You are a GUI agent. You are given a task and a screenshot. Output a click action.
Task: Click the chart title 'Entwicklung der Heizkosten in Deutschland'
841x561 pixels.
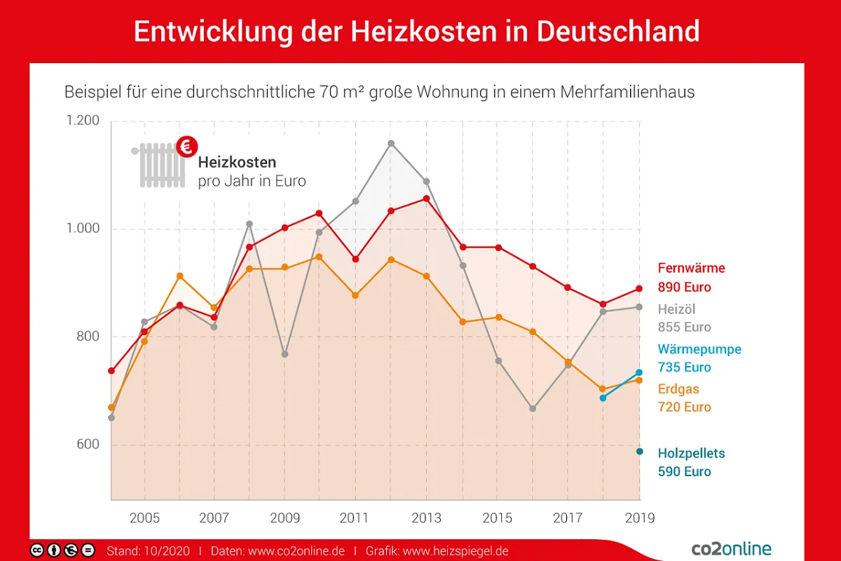pyautogui.click(x=416, y=32)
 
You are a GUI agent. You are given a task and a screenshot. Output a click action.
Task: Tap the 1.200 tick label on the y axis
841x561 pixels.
pyautogui.click(x=83, y=121)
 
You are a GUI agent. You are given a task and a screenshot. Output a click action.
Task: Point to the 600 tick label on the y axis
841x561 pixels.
pyautogui.click(x=88, y=445)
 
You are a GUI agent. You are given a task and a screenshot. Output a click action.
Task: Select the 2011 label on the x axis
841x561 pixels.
pyautogui.click(x=355, y=518)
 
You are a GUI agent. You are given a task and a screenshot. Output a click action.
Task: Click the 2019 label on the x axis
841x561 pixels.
pyautogui.click(x=639, y=518)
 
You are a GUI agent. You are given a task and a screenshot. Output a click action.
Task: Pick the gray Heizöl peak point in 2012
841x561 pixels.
pyautogui.click(x=391, y=144)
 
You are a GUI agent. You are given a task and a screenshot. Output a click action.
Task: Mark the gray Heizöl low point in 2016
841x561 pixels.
pyautogui.click(x=533, y=408)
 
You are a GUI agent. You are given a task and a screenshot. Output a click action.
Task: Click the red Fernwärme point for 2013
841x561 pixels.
pyautogui.click(x=426, y=198)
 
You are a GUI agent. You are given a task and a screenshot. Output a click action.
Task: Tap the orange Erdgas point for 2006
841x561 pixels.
pyautogui.click(x=179, y=276)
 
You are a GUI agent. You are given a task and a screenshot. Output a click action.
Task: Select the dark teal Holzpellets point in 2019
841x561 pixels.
pyautogui.click(x=639, y=451)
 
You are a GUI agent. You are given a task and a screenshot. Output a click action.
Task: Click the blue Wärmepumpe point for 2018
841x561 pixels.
pyautogui.click(x=603, y=398)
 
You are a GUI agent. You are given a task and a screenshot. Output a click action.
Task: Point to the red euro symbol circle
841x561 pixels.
pyautogui.click(x=187, y=147)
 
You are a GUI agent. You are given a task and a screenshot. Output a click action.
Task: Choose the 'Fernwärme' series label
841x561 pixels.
pyautogui.click(x=691, y=268)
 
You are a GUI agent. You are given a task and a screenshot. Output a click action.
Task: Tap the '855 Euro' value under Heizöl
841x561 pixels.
pyautogui.click(x=684, y=327)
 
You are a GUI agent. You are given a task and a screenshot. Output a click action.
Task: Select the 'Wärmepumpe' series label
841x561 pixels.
pyautogui.click(x=699, y=349)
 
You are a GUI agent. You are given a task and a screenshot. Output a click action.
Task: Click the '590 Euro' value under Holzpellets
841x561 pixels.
pyautogui.click(x=684, y=472)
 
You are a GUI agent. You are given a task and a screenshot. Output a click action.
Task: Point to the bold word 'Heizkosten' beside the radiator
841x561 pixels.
pyautogui.click(x=237, y=163)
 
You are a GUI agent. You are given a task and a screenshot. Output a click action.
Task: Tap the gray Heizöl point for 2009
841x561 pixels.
pyautogui.click(x=285, y=354)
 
